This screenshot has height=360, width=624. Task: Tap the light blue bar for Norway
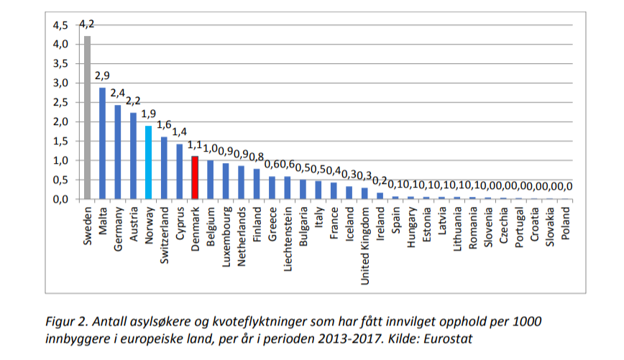coord(149,162)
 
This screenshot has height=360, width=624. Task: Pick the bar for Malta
coord(102,143)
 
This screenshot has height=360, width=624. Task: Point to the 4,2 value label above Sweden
coord(87,24)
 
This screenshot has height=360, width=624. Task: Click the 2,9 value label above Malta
coord(102,76)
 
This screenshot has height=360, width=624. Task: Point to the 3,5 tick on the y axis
coord(60,64)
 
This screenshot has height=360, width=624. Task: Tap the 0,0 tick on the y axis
coord(60,199)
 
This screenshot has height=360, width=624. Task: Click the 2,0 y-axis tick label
coord(60,121)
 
